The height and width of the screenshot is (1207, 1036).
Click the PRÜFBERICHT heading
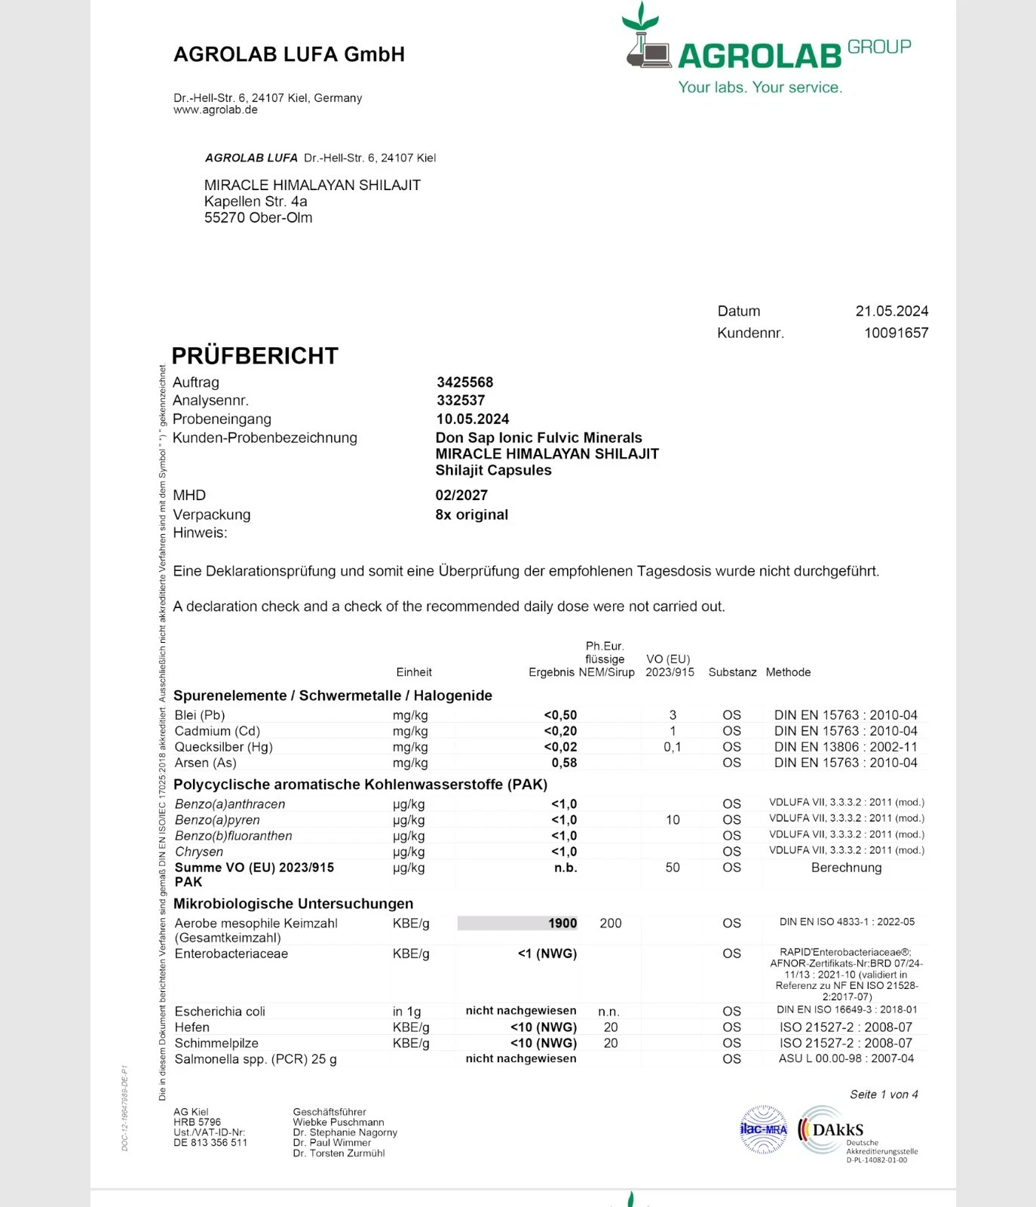[255, 355]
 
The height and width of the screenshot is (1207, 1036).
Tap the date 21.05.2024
[891, 311]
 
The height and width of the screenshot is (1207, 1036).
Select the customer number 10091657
[896, 333]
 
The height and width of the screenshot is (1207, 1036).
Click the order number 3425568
[464, 382]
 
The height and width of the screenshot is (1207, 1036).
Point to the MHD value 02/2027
[461, 495]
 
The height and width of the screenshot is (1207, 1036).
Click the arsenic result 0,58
[564, 763]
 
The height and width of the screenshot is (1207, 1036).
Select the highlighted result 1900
[562, 923]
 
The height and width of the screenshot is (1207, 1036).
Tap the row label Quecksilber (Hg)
[224, 747]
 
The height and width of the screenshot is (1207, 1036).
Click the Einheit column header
[414, 672]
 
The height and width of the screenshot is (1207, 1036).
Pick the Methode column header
[788, 672]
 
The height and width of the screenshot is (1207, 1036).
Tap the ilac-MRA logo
[763, 1129]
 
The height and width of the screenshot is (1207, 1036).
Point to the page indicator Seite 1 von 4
[884, 1095]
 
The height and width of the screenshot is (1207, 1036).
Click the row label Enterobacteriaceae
[231, 954]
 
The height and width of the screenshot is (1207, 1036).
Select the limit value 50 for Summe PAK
[673, 868]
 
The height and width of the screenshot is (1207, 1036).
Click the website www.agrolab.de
[216, 110]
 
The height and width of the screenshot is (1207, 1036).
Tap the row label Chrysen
[199, 852]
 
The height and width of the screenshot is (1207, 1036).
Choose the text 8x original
[472, 514]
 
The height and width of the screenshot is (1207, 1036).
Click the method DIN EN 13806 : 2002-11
[845, 747]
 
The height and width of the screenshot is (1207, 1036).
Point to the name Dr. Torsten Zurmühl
[339, 1153]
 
